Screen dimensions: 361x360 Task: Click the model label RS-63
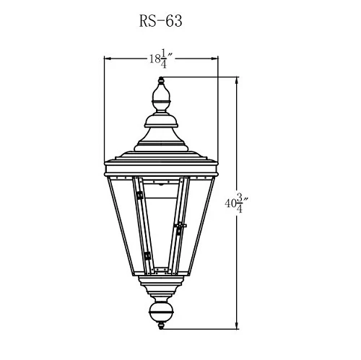160,21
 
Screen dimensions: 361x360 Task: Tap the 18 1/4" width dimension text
160,58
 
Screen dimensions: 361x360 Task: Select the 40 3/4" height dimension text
237,203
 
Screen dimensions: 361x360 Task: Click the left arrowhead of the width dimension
108,58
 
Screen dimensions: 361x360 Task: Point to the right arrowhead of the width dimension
214,58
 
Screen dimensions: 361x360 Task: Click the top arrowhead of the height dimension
237,81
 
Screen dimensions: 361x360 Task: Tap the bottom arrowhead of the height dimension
237,325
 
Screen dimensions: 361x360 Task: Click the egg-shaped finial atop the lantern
161,93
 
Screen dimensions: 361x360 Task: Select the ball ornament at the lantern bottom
161,312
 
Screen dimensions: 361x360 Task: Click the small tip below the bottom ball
161,326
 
